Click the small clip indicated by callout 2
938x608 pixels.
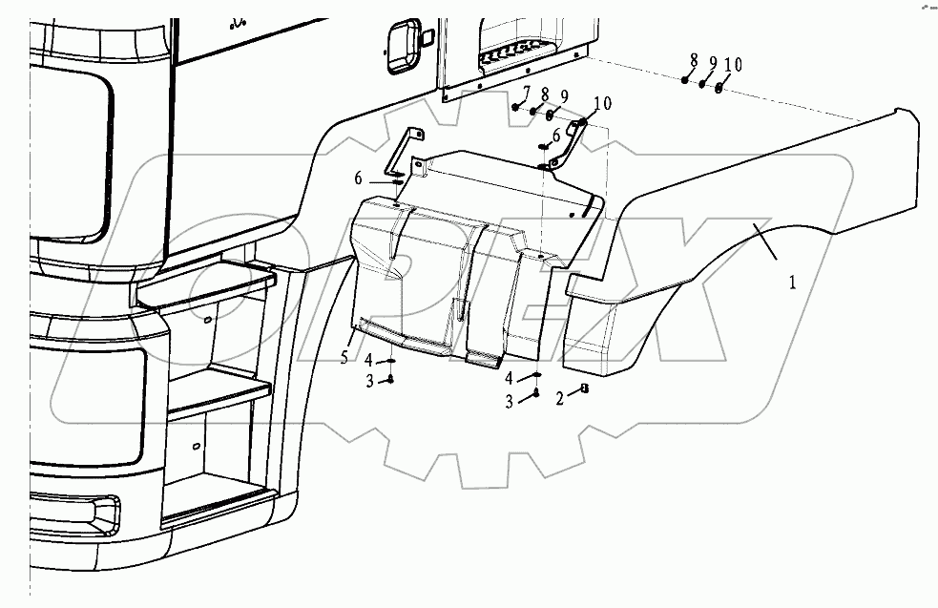click(x=583, y=389)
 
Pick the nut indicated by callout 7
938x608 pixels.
click(x=516, y=108)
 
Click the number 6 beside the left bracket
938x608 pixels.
click(x=359, y=178)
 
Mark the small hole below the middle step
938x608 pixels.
click(x=195, y=445)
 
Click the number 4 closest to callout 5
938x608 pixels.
click(x=367, y=359)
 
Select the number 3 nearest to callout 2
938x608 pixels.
click(x=509, y=402)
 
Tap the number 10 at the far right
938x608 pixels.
click(x=732, y=65)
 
